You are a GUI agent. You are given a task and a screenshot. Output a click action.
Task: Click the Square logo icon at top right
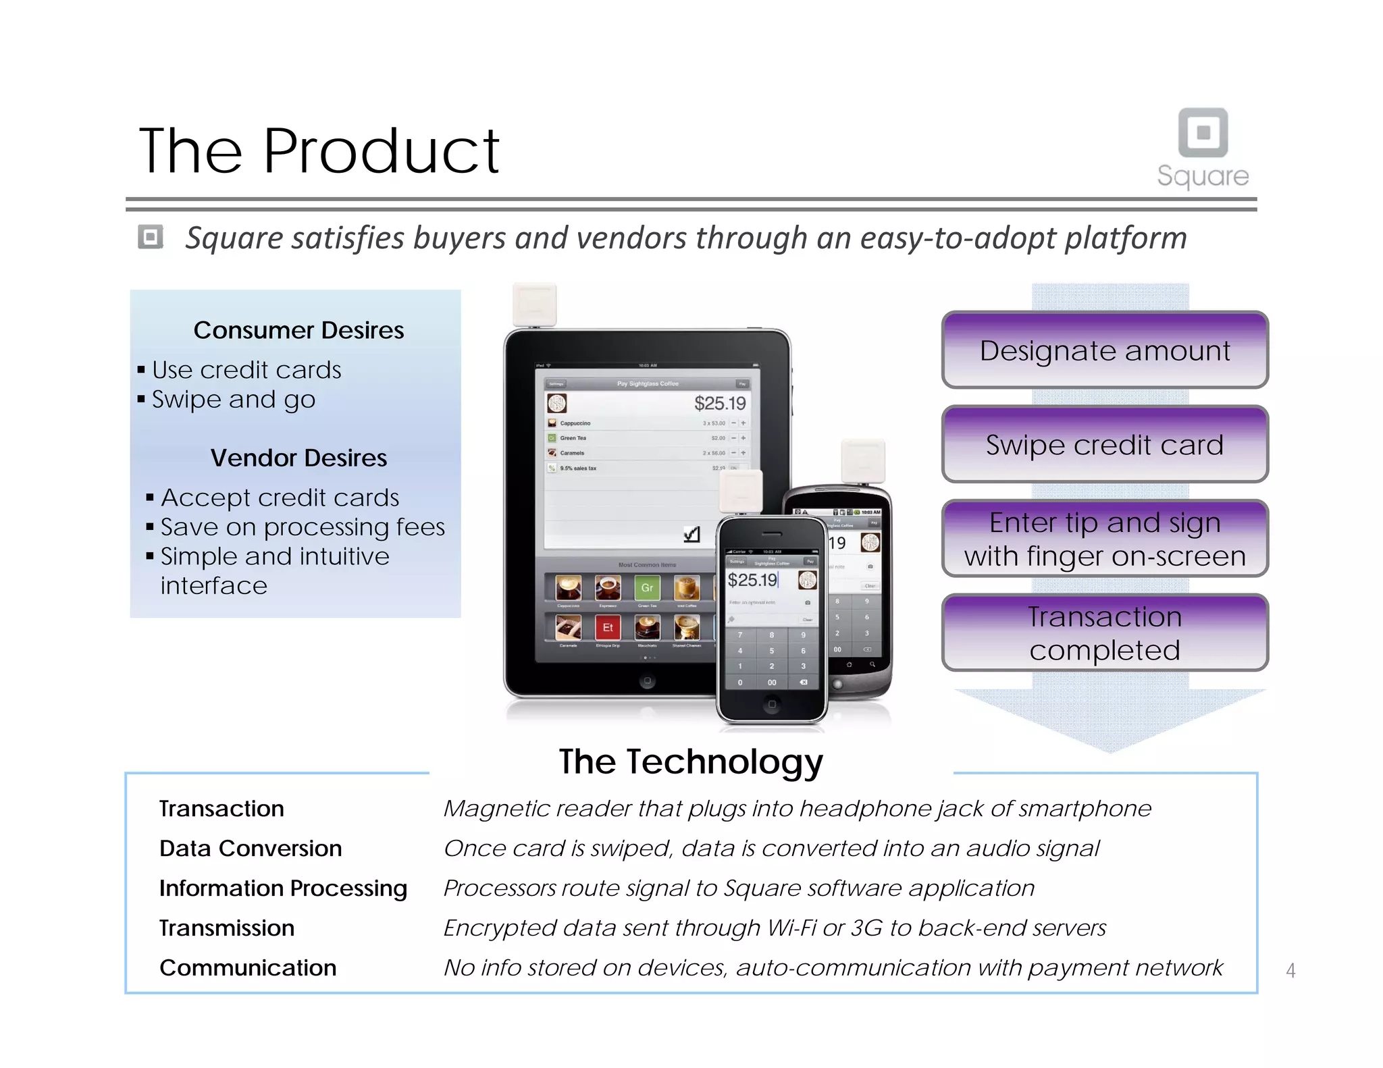tap(1203, 132)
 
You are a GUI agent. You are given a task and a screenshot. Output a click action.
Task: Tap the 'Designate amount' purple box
tap(1105, 350)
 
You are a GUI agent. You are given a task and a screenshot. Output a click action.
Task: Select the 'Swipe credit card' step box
tap(1105, 445)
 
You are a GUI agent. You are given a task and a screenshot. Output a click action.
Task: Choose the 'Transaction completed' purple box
tap(1105, 633)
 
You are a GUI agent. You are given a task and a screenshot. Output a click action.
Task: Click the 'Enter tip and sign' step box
tap(1105, 539)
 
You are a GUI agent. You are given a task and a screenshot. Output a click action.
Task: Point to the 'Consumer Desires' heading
tap(298, 330)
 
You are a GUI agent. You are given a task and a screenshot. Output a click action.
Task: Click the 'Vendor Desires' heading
tap(298, 458)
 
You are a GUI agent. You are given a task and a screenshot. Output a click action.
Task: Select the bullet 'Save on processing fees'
tap(303, 527)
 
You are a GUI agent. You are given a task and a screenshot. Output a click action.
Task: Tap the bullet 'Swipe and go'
tap(233, 400)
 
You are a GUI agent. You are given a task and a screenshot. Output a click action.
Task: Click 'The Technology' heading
tap(691, 762)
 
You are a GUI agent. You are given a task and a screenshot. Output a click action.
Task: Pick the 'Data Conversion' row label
tap(251, 849)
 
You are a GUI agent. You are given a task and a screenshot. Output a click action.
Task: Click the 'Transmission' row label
tap(227, 928)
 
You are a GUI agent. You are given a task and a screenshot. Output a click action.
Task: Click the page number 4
tap(1290, 971)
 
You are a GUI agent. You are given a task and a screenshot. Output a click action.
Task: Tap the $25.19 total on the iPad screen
tap(720, 404)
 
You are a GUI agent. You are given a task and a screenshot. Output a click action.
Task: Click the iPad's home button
tap(647, 681)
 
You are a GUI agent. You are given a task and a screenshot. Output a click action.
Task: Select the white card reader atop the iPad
tap(534, 304)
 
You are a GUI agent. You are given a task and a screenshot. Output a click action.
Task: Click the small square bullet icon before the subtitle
tap(151, 238)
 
